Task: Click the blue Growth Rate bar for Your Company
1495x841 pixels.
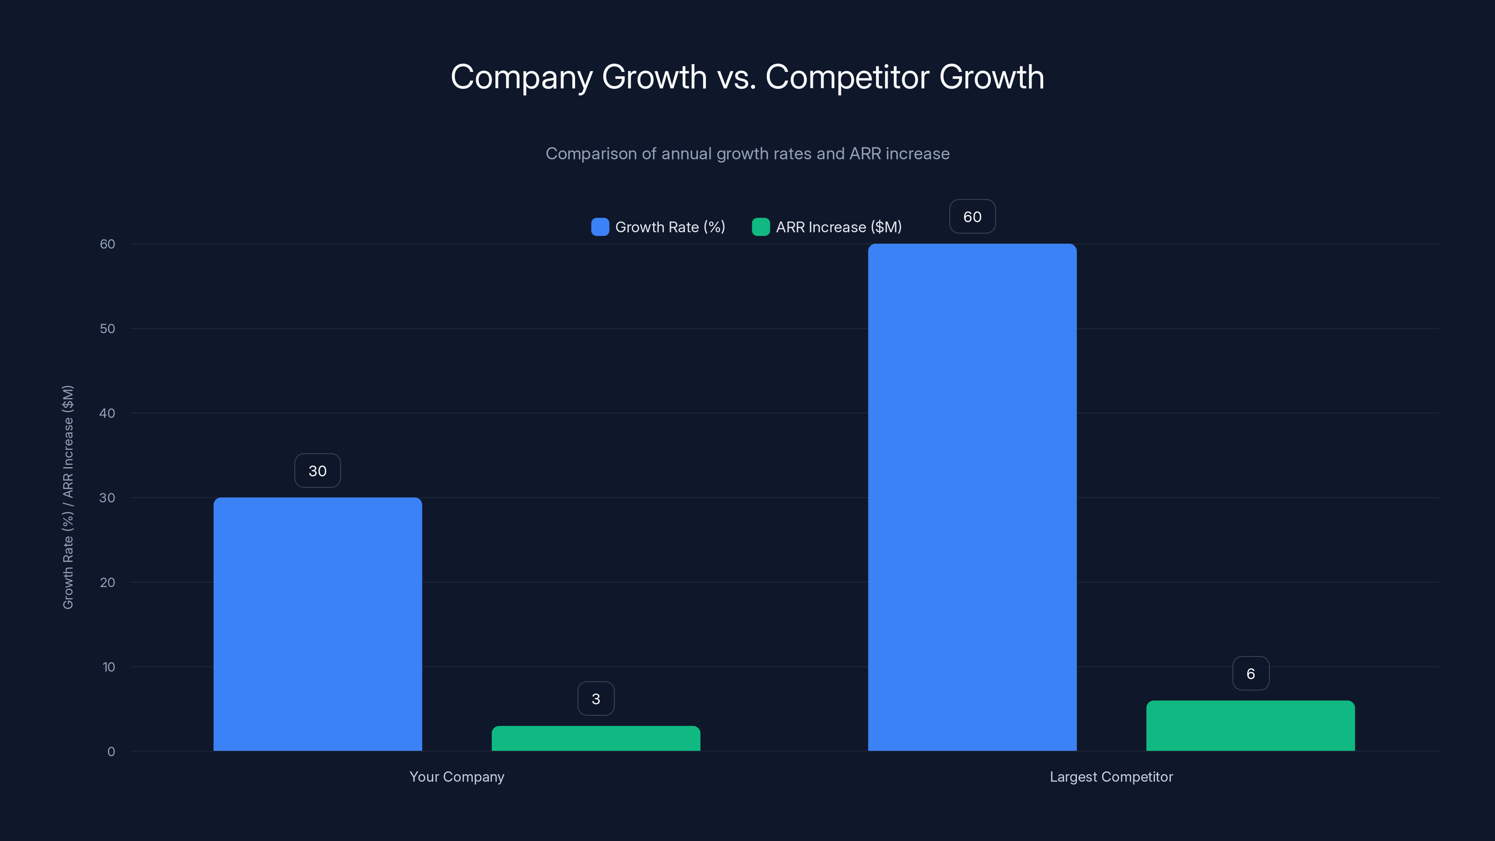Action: pyautogui.click(x=318, y=624)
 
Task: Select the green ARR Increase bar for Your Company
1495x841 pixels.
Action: pyautogui.click(x=596, y=738)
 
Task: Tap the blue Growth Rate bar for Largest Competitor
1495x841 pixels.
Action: pyautogui.click(x=972, y=498)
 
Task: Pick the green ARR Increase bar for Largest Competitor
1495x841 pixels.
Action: pyautogui.click(x=1250, y=726)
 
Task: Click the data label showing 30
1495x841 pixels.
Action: pyautogui.click(x=318, y=470)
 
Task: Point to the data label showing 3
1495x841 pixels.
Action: pyautogui.click(x=596, y=699)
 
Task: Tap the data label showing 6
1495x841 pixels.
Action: pyautogui.click(x=1251, y=673)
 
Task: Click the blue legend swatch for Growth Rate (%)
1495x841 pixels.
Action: pyautogui.click(x=599, y=227)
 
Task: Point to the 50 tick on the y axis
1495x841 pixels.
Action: pyautogui.click(x=107, y=328)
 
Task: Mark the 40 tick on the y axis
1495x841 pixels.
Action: pyautogui.click(x=107, y=413)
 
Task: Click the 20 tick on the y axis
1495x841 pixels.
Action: pyautogui.click(x=107, y=582)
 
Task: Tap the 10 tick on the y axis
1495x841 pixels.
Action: pyautogui.click(x=108, y=667)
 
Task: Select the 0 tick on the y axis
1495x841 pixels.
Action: pyautogui.click(x=111, y=752)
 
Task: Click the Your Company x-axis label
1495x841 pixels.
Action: pyautogui.click(x=457, y=777)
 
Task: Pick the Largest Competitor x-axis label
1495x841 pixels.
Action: pyautogui.click(x=1111, y=777)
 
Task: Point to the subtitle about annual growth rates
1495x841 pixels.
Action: pyautogui.click(x=747, y=154)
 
